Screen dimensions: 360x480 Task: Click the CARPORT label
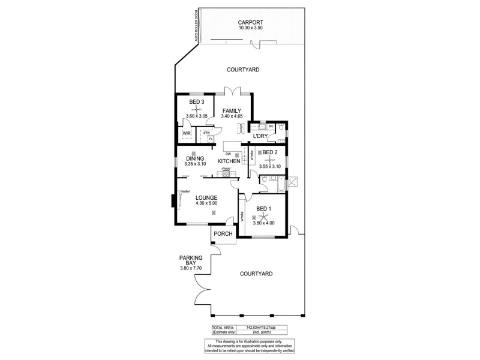click(x=250, y=22)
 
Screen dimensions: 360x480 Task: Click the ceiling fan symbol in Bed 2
click(x=271, y=160)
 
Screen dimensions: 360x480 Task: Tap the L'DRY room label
click(x=260, y=136)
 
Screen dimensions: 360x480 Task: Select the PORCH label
click(x=223, y=235)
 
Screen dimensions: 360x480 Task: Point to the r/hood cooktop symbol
click(x=227, y=174)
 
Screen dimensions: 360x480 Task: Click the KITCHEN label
click(x=229, y=161)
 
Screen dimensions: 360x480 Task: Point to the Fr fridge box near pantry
click(x=211, y=139)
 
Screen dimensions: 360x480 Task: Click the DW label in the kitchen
click(x=221, y=154)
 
